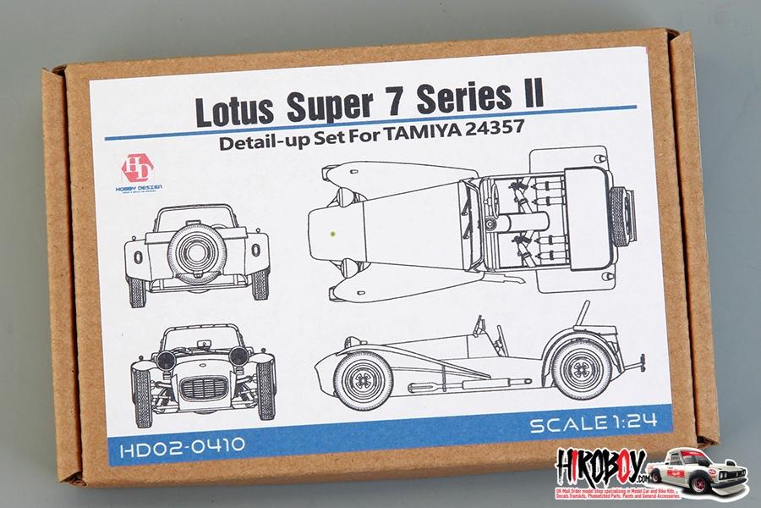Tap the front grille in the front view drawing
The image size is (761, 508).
click(203, 392)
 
